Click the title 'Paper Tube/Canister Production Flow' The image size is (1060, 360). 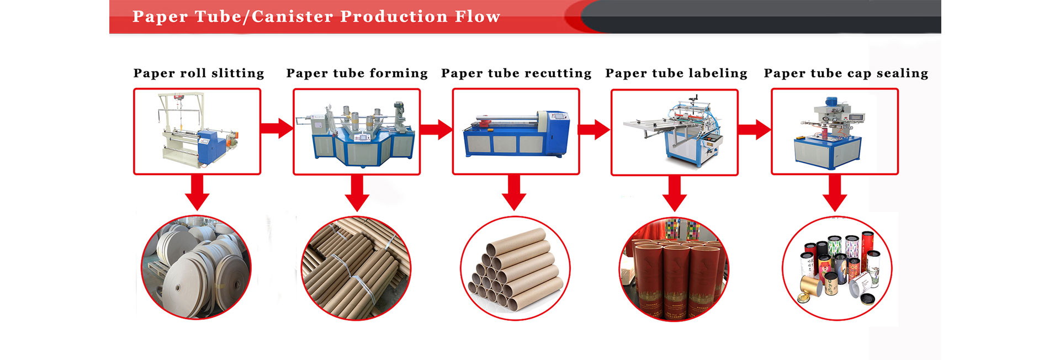pyautogui.click(x=316, y=17)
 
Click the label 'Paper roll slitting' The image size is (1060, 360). pyautogui.click(x=199, y=73)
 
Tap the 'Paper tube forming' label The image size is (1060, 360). pyautogui.click(x=357, y=73)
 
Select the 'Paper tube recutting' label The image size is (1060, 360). pyautogui.click(x=516, y=73)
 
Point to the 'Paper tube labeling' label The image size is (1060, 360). pyautogui.click(x=676, y=73)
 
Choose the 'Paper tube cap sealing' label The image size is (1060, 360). pyautogui.click(x=846, y=73)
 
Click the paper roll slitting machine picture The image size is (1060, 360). pyautogui.click(x=197, y=131)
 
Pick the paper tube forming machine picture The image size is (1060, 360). pyautogui.click(x=357, y=132)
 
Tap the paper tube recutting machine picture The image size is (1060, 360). pyautogui.click(x=516, y=131)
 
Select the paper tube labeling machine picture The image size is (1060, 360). pyautogui.click(x=675, y=133)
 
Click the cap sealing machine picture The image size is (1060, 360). pyautogui.click(x=835, y=131)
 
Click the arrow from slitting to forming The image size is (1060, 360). pyautogui.click(x=277, y=129)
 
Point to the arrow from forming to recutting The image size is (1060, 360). pyautogui.click(x=437, y=130)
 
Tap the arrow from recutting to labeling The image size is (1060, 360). pyautogui.click(x=595, y=130)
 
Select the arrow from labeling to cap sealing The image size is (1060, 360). pyautogui.click(x=755, y=130)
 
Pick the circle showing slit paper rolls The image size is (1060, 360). pyautogui.click(x=196, y=267)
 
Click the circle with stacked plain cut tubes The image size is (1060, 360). pyautogui.click(x=515, y=268)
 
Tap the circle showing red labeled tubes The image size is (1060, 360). pyautogui.click(x=674, y=269)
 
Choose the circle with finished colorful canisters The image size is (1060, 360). pyautogui.click(x=837, y=268)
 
